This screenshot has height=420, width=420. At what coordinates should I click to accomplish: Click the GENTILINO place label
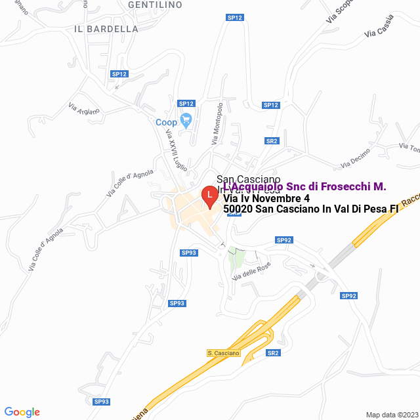155,5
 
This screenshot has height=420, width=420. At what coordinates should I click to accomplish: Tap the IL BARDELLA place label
106,29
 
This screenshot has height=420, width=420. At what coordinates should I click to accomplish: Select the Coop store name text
166,123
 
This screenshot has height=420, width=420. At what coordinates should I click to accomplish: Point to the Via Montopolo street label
217,123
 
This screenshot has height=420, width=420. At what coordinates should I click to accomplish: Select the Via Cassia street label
379,30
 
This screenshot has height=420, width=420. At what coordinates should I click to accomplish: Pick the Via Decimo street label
355,158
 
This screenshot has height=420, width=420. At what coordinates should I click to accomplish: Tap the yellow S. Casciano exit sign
224,353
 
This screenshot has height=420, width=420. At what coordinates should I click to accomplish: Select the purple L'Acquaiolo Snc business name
304,187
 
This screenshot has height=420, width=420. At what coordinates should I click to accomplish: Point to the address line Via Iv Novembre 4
266,198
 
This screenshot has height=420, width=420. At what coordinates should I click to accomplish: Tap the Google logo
22,412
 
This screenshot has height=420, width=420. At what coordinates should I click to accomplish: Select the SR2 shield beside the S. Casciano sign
273,353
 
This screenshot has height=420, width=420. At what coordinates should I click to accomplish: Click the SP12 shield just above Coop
186,104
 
